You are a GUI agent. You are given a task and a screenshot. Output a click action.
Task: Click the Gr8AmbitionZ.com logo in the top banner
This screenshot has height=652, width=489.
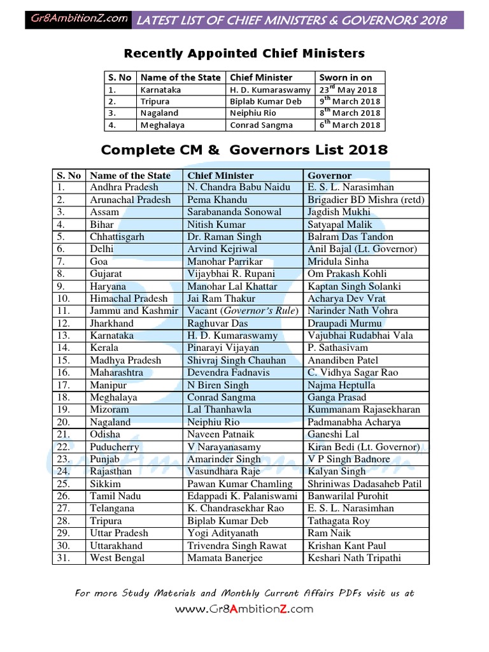click(79, 19)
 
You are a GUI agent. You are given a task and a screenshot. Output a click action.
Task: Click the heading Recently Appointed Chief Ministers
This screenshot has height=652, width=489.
click(244, 53)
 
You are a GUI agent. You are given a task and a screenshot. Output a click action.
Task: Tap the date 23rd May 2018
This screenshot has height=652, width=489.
click(348, 90)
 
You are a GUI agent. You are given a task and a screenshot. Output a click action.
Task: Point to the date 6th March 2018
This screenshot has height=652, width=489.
click(350, 125)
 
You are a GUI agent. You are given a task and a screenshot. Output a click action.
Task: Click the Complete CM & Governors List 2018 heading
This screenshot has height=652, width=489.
click(244, 150)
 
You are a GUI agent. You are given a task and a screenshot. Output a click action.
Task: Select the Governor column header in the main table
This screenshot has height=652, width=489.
click(329, 175)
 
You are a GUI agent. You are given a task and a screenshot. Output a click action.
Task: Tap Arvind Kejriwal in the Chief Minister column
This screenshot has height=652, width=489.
click(222, 249)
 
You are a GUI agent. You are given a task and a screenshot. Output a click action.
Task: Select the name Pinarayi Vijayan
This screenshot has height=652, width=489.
click(223, 348)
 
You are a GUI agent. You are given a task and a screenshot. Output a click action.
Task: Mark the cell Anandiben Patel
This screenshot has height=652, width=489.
click(343, 360)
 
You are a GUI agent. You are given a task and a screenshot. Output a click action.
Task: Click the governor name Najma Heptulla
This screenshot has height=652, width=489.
click(341, 385)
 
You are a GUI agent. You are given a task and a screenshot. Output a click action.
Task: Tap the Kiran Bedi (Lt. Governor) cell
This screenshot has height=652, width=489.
click(363, 447)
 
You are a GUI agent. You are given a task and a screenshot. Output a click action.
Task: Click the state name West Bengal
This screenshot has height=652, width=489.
click(117, 558)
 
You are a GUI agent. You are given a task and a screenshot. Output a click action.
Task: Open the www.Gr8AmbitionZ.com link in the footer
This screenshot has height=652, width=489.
click(244, 609)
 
